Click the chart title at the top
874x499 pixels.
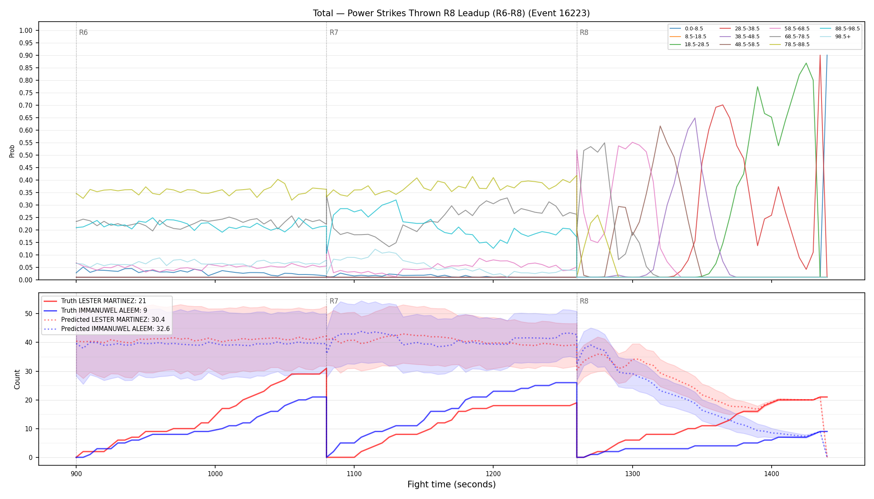coord(451,13)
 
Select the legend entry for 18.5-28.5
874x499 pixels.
coord(690,44)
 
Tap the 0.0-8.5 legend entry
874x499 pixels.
coord(686,29)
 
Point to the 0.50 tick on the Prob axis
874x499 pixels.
coord(26,155)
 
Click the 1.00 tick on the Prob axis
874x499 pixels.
coord(26,30)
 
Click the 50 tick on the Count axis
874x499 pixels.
coord(29,314)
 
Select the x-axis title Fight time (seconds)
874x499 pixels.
coord(452,484)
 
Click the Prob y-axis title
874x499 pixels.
coord(12,151)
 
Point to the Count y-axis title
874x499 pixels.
coord(17,379)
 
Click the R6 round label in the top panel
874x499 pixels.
coord(83,32)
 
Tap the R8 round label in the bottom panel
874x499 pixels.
coord(584,301)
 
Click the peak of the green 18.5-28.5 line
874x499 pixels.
coord(806,63)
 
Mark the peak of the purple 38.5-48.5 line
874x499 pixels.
coord(695,118)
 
